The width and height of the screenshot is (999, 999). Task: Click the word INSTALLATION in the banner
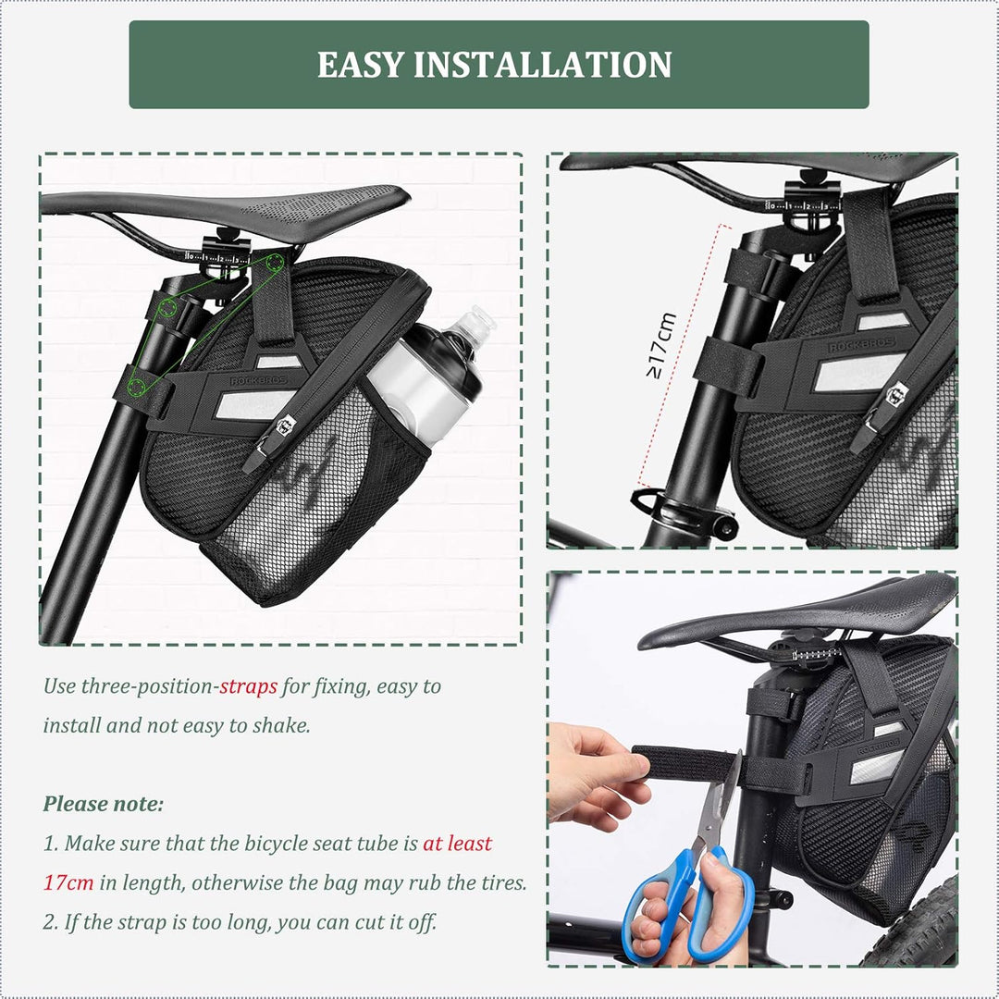coord(543,65)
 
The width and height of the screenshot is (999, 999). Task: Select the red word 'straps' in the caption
coord(248,686)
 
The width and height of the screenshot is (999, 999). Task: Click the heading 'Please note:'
coord(103,804)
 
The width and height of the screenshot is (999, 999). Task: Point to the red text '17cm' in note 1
coord(68,882)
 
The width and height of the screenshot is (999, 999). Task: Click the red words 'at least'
coord(457,844)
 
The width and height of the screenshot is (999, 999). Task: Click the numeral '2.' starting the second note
coord(51,922)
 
